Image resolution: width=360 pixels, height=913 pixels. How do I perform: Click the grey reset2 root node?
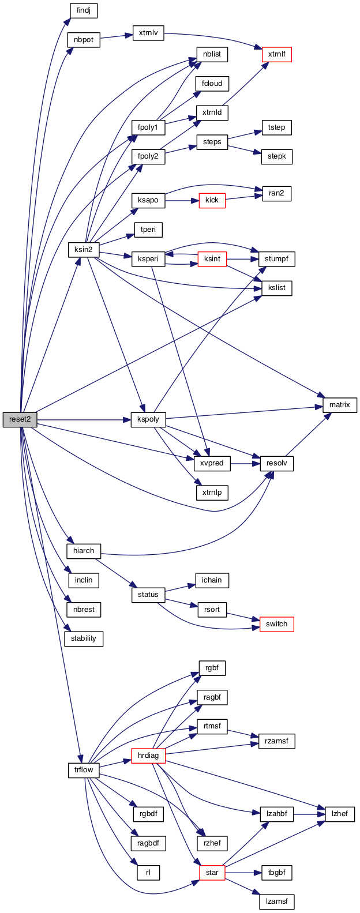20,419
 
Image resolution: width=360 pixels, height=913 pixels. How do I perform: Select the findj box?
84,10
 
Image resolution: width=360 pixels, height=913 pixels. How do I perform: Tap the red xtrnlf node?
276,55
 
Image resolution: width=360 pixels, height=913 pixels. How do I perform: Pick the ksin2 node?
84,250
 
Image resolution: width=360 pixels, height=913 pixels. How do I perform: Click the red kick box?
212,200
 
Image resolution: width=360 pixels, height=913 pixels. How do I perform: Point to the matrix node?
339,405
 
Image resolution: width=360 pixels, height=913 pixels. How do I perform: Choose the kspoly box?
148,419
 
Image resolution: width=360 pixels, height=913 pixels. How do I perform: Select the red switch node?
276,624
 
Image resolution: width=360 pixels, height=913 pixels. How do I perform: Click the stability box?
84,638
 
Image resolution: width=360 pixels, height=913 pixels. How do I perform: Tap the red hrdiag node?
148,755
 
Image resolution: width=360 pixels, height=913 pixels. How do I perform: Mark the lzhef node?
339,814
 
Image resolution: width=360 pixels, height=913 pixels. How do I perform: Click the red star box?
212,873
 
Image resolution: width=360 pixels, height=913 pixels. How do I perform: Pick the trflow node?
84,770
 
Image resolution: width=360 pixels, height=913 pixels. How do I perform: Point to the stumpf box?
276,259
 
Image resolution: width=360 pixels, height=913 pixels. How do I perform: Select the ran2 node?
276,194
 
